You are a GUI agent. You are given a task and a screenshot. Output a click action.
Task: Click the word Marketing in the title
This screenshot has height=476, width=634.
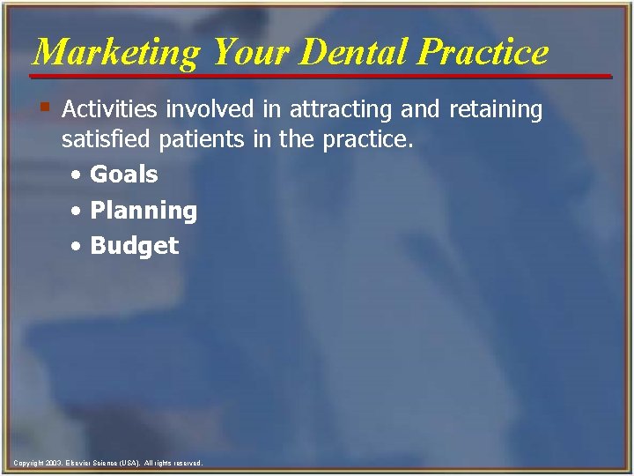pyautogui.click(x=115, y=53)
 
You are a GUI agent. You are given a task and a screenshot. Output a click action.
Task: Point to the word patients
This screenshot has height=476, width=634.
pyautogui.click(x=190, y=139)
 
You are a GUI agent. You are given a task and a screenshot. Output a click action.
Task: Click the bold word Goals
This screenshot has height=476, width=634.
pyautogui.click(x=124, y=175)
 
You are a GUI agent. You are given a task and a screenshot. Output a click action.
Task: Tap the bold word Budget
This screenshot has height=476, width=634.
pyautogui.click(x=135, y=246)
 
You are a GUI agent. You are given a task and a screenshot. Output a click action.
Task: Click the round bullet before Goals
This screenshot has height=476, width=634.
pyautogui.click(x=78, y=175)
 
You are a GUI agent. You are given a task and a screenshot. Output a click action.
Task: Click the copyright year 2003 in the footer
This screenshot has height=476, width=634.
pyautogui.click(x=52, y=463)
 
